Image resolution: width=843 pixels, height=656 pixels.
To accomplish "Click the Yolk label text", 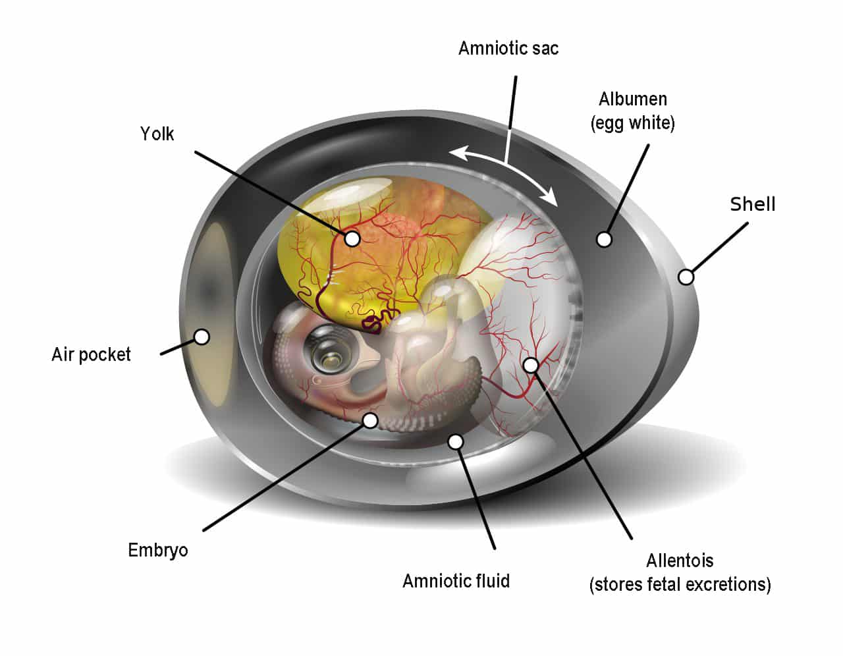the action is (157, 134).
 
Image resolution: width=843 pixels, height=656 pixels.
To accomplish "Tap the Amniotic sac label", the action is (508, 49).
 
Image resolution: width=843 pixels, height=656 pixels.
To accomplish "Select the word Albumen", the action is (633, 99).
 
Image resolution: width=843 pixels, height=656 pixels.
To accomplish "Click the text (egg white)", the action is (633, 123).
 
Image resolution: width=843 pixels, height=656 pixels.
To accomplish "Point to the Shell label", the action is (753, 204).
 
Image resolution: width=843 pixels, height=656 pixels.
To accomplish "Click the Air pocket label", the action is (91, 354).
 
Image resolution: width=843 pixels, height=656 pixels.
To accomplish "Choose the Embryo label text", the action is (158, 551).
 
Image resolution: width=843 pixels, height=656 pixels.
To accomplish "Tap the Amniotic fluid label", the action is (456, 581).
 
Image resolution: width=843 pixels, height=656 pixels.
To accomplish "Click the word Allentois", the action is (680, 561).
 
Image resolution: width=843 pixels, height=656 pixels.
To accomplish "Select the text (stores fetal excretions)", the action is (680, 585).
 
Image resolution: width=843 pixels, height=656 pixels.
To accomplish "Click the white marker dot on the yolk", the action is (352, 238).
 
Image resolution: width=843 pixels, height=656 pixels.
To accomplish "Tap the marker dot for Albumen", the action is (604, 239).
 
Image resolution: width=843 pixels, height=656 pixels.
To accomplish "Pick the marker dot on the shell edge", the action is (686, 277).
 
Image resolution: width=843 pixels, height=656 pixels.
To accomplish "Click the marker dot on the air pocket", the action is (202, 337).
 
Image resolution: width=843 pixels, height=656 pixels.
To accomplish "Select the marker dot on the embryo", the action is (371, 420).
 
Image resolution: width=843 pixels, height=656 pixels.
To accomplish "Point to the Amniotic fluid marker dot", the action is (456, 441).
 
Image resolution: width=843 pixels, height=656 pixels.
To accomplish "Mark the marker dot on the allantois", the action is (531, 365).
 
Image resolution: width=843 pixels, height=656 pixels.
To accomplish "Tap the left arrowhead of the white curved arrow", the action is (458, 152).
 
